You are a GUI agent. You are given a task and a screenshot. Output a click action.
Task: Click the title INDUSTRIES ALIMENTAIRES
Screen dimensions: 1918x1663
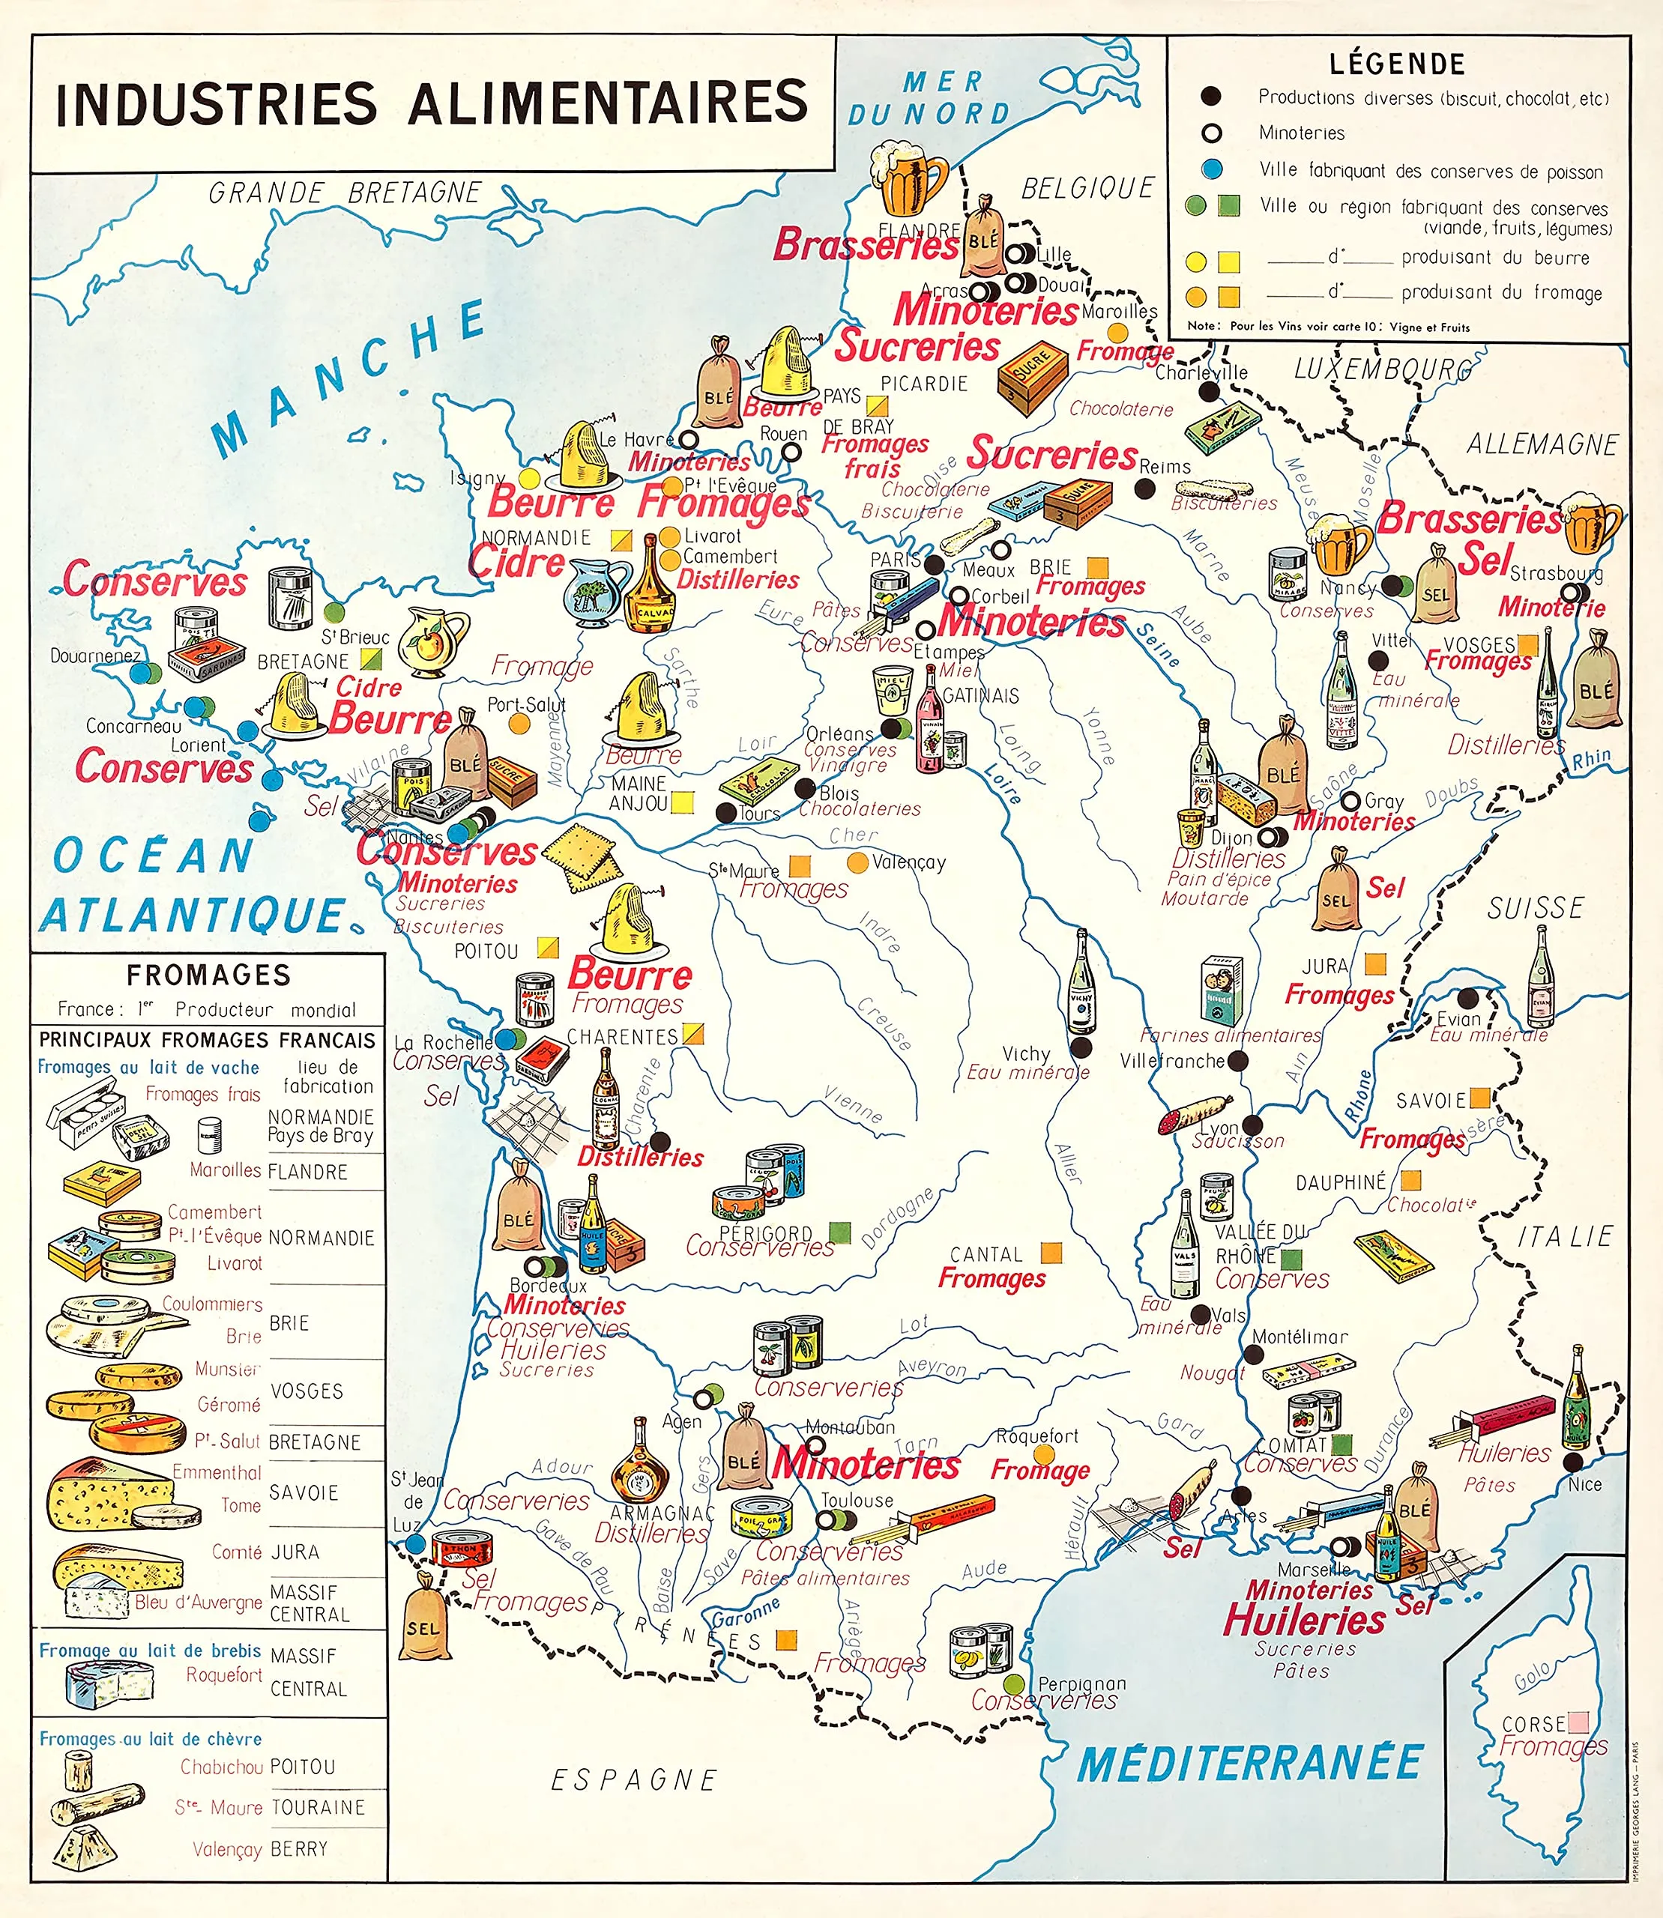tap(432, 102)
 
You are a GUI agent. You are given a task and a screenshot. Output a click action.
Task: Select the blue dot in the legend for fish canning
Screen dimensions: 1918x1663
tap(1211, 170)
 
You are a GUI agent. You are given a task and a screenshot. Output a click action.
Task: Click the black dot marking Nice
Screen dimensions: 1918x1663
tap(1573, 1462)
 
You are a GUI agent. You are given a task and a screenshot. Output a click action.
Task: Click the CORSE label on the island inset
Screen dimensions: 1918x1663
tap(1534, 1724)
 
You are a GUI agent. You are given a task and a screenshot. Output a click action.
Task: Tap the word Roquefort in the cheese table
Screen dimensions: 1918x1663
tap(223, 1675)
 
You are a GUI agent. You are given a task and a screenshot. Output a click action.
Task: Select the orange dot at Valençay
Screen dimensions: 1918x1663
tap(858, 862)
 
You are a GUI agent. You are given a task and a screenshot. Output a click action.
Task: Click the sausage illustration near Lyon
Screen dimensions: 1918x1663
tap(1195, 1114)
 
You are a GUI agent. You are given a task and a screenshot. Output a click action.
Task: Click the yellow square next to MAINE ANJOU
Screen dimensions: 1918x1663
tap(682, 802)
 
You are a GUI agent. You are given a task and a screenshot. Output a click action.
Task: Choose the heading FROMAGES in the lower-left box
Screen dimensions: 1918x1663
tap(209, 975)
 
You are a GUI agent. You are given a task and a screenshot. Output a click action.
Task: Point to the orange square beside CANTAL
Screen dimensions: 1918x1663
tap(1051, 1253)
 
